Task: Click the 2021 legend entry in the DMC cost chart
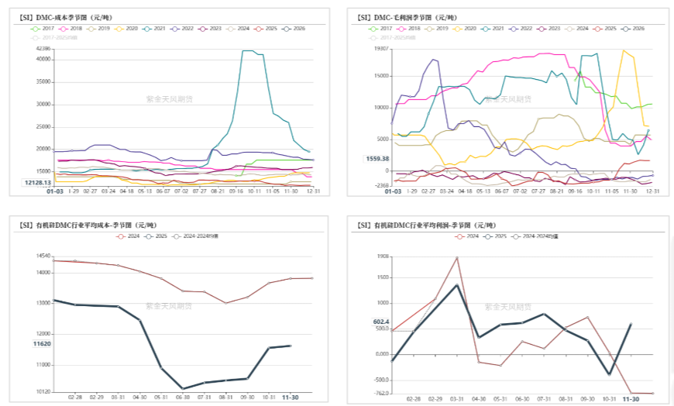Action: click(155, 28)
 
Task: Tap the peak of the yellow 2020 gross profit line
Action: click(623, 50)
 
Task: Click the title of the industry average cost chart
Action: click(76, 225)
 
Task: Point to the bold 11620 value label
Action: click(42, 343)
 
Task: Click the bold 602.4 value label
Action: click(380, 322)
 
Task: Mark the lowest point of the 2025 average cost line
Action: click(183, 389)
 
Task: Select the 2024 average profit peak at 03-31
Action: click(457, 257)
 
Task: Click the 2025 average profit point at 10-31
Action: click(609, 375)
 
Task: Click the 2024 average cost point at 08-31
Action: click(226, 303)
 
